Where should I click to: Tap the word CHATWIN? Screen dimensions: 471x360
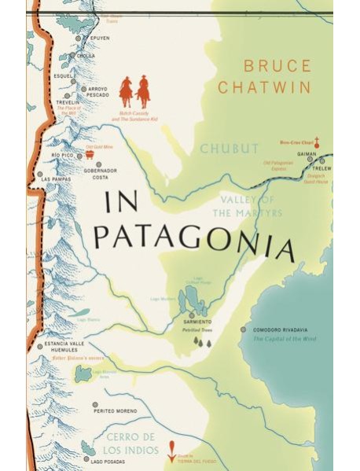[264, 88]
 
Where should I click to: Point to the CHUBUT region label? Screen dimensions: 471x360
[229, 149]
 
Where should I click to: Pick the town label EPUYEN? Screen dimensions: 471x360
[100, 38]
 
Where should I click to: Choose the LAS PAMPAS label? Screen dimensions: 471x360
[57, 179]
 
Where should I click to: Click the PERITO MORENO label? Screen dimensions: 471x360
[115, 410]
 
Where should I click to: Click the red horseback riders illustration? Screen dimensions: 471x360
[134, 92]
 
